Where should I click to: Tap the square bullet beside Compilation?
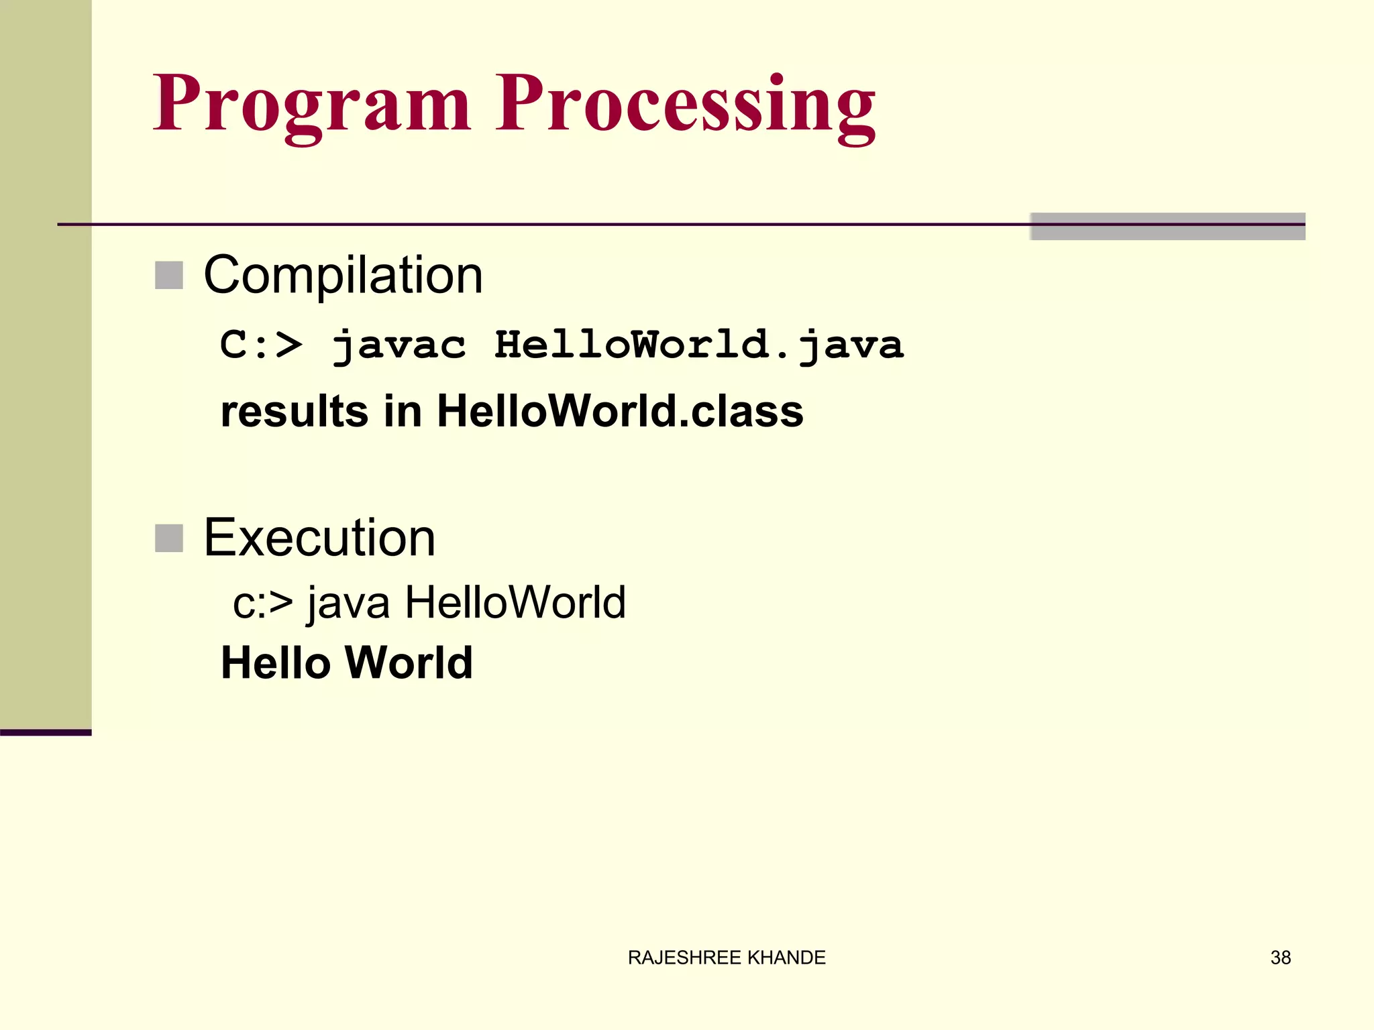click(x=169, y=276)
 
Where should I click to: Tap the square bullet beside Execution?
click(x=169, y=538)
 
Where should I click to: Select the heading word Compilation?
click(x=343, y=275)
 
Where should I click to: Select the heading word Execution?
click(x=319, y=538)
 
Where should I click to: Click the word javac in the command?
click(x=399, y=345)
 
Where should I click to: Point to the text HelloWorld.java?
click(x=699, y=345)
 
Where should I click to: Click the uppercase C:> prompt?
click(x=261, y=345)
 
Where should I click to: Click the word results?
click(x=294, y=411)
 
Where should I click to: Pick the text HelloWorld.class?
click(x=620, y=411)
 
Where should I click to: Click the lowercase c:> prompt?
click(x=262, y=602)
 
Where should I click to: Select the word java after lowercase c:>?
click(x=348, y=602)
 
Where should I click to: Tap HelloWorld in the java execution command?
click(x=515, y=602)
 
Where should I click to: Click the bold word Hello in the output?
click(x=276, y=663)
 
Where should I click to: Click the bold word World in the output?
click(x=409, y=663)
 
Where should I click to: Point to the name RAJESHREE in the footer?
click(x=684, y=958)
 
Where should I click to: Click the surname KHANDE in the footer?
click(x=786, y=958)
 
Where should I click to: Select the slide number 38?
click(x=1280, y=958)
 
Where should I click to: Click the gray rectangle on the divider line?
click(x=1167, y=227)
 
